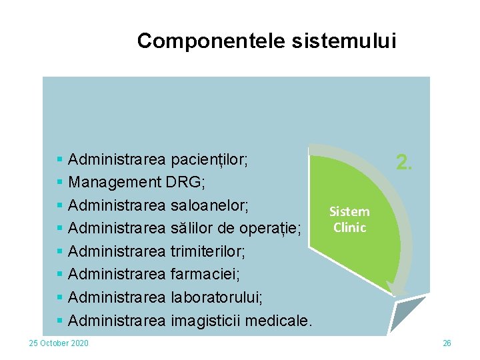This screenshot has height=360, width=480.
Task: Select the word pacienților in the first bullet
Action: [x=209, y=160]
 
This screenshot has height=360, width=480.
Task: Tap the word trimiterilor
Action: [x=208, y=252]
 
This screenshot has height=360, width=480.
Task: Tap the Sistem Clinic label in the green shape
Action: [x=349, y=219]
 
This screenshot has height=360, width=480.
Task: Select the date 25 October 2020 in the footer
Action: [x=58, y=343]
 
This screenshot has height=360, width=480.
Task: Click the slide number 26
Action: [x=447, y=343]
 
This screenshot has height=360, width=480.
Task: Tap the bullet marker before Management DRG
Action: [x=60, y=183]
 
